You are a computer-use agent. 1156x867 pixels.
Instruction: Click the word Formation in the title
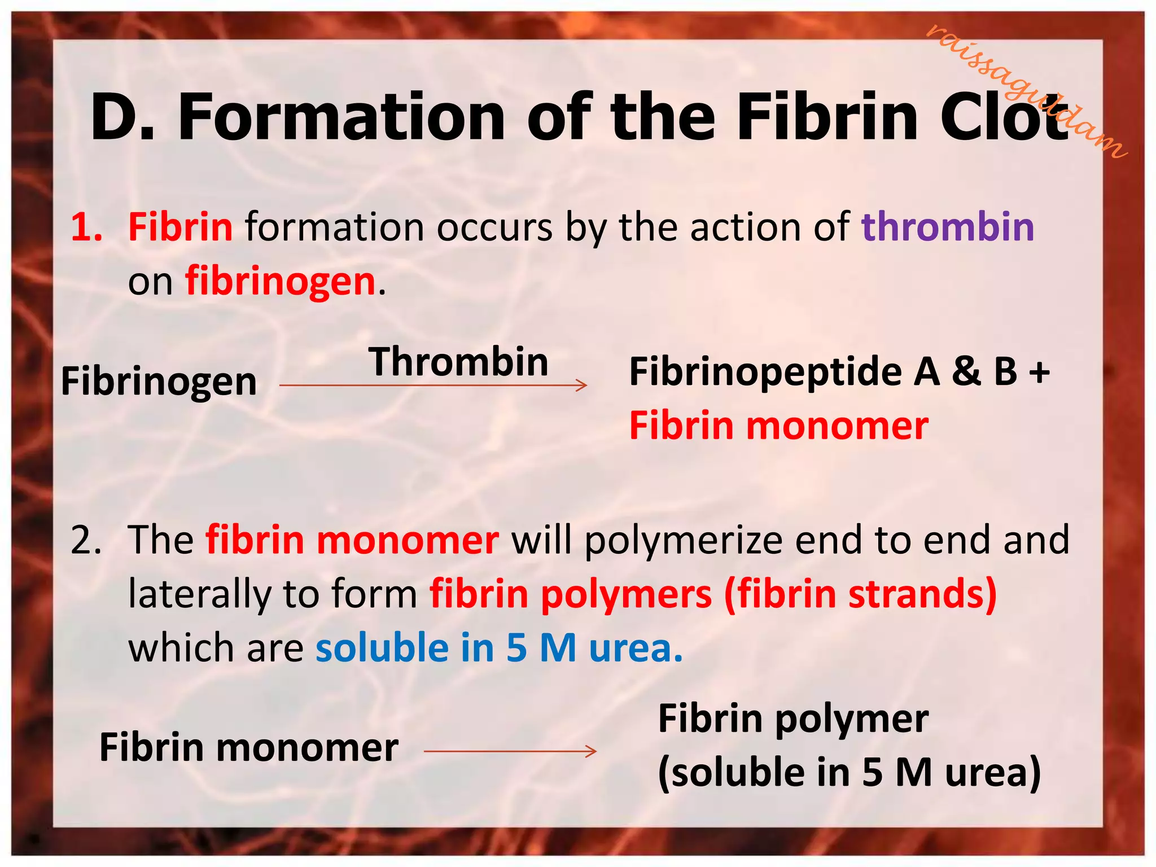pyautogui.click(x=341, y=117)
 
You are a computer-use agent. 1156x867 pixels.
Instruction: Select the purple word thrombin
pyautogui.click(x=948, y=227)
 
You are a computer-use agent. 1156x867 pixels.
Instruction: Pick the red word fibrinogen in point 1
pyautogui.click(x=281, y=281)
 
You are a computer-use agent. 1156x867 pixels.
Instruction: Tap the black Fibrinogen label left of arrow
pyautogui.click(x=159, y=382)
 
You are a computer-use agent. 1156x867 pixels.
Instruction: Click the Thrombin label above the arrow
pyautogui.click(x=458, y=362)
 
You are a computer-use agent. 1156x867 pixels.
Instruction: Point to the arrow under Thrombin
pyautogui.click(x=433, y=386)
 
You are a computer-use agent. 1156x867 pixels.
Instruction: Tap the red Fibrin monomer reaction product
pyautogui.click(x=778, y=426)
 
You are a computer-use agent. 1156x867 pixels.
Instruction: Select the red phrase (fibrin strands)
pyautogui.click(x=860, y=594)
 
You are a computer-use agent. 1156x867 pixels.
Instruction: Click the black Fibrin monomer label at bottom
pyautogui.click(x=249, y=748)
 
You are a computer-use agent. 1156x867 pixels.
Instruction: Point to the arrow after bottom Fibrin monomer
pyautogui.click(x=510, y=751)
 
